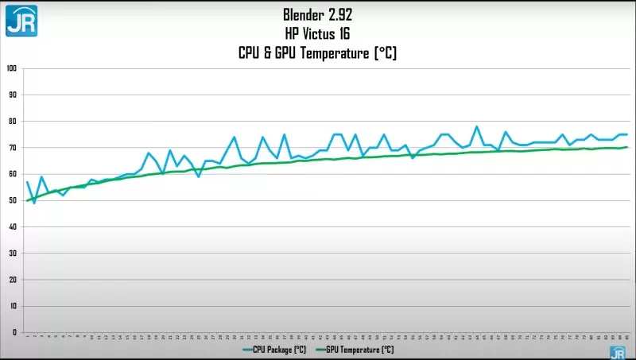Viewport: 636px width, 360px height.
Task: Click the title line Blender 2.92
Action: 317,14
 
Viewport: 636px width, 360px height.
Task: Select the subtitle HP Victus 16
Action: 317,33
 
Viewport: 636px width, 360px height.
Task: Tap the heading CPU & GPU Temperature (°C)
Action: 317,53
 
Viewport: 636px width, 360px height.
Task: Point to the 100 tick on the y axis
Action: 11,68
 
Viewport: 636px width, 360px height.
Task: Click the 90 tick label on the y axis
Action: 13,95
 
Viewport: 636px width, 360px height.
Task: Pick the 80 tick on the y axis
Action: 13,121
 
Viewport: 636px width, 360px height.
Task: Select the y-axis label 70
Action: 13,148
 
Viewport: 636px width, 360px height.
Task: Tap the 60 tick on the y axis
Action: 13,174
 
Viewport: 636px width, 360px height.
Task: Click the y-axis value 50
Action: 13,200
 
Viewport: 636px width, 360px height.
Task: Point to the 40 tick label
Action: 13,226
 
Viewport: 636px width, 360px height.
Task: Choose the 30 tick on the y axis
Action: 13,254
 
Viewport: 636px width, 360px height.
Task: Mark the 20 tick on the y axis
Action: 13,280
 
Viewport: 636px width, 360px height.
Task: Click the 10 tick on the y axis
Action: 13,306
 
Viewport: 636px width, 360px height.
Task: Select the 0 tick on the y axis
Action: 14,332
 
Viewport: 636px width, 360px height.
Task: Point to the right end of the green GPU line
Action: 627,147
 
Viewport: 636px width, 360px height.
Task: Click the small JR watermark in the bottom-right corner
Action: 617,352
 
